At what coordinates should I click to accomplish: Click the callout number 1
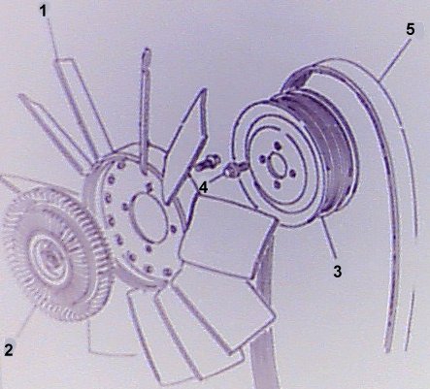pyautogui.click(x=44, y=12)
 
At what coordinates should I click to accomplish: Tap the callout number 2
pyautogui.click(x=9, y=349)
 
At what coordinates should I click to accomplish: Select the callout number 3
pyautogui.click(x=338, y=272)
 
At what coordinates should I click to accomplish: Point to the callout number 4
pyautogui.click(x=203, y=187)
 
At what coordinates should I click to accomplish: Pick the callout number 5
pyautogui.click(x=411, y=29)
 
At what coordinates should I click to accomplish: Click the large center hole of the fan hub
pyautogui.click(x=149, y=218)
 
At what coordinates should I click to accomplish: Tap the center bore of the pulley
pyautogui.click(x=276, y=164)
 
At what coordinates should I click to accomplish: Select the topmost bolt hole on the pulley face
pyautogui.click(x=277, y=146)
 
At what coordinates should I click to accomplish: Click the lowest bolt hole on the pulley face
pyautogui.click(x=277, y=184)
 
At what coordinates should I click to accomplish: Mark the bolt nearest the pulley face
pyautogui.click(x=235, y=171)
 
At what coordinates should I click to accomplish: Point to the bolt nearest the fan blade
pyautogui.click(x=208, y=163)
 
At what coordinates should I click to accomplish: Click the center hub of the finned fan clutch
pyautogui.click(x=50, y=258)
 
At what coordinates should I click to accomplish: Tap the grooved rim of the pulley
pyautogui.click(x=327, y=155)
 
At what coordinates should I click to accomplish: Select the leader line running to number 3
pyautogui.click(x=329, y=241)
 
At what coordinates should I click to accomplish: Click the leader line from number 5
pyautogui.click(x=394, y=59)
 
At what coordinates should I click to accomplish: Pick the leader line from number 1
pyautogui.click(x=53, y=38)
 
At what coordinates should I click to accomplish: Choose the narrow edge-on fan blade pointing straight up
pyautogui.click(x=146, y=109)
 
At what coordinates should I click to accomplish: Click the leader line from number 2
pyautogui.click(x=24, y=324)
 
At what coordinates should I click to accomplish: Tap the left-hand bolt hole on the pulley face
pyautogui.click(x=262, y=159)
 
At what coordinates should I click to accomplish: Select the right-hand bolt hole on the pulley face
pyautogui.click(x=292, y=174)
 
